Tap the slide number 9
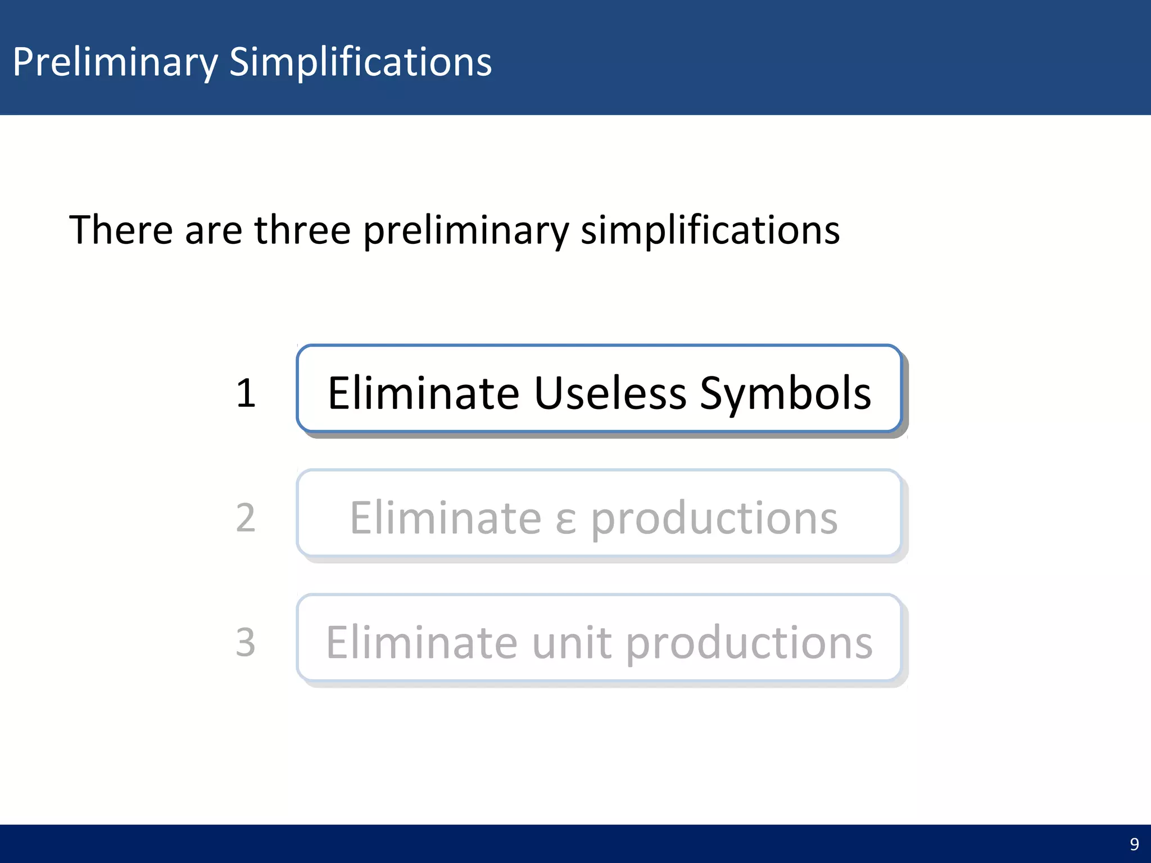pyautogui.click(x=1134, y=844)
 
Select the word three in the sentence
pyautogui.click(x=302, y=230)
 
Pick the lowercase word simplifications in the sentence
pyautogui.click(x=710, y=230)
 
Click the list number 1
pyautogui.click(x=246, y=393)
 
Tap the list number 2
pyautogui.click(x=246, y=517)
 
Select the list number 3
pyautogui.click(x=246, y=642)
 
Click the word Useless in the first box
pyautogui.click(x=610, y=393)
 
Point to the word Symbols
pyautogui.click(x=785, y=394)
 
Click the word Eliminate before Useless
pyautogui.click(x=424, y=393)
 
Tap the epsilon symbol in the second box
pyautogui.click(x=565, y=520)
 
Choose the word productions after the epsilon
pyautogui.click(x=714, y=519)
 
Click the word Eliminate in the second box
pyautogui.click(x=446, y=517)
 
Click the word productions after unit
pyautogui.click(x=749, y=643)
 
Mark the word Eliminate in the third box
pyautogui.click(x=422, y=642)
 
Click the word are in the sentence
pyautogui.click(x=213, y=231)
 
